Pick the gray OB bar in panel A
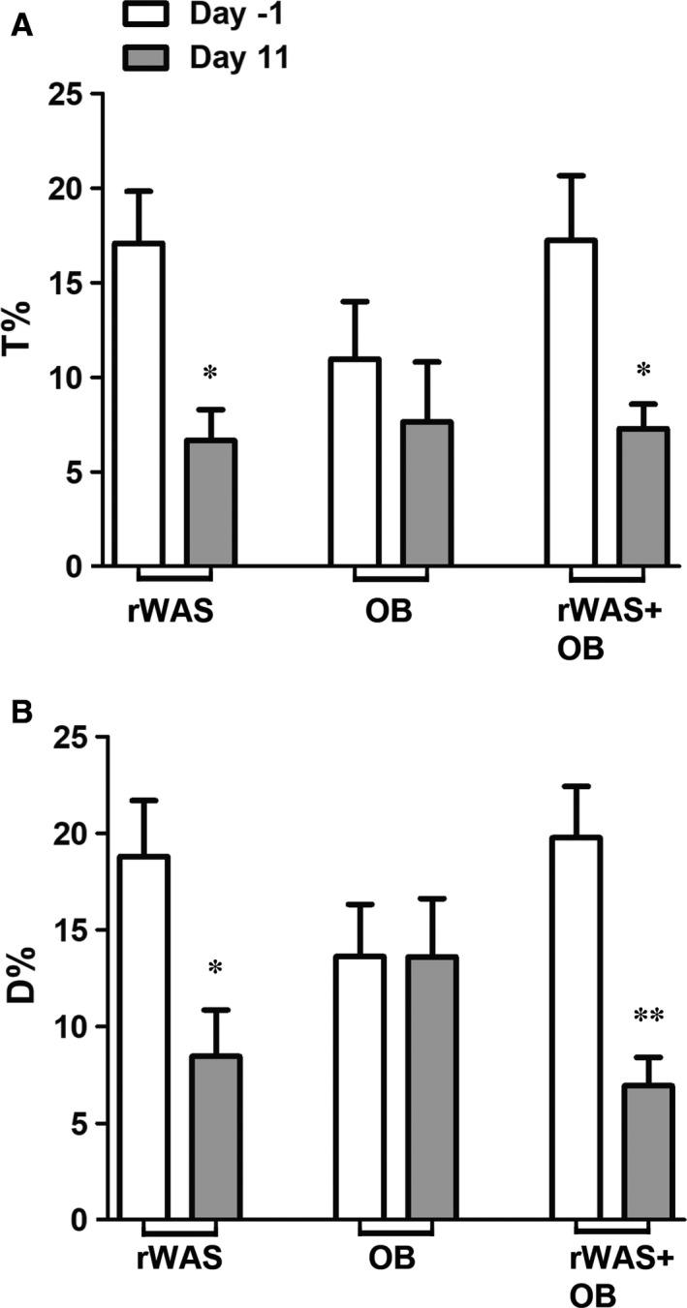[x=427, y=493]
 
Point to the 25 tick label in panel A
[x=63, y=94]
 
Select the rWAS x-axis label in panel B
[x=179, y=1260]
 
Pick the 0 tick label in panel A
[x=72, y=565]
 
